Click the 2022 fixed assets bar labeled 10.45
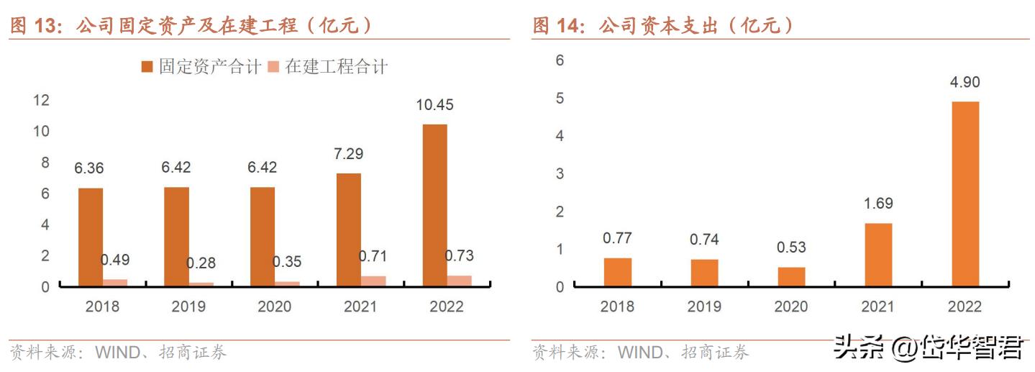tap(434, 205)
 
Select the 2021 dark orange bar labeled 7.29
tap(348, 230)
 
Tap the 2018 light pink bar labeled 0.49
tap(115, 283)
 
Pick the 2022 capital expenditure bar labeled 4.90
tap(965, 194)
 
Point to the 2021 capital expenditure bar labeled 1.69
tap(877, 255)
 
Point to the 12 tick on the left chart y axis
tap(41, 100)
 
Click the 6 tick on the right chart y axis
tap(560, 60)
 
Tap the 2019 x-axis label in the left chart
tap(188, 307)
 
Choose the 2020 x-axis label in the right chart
tap(790, 307)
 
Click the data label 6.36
tap(89, 169)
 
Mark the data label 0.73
tap(459, 256)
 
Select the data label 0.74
tap(704, 240)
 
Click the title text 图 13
tap(33, 26)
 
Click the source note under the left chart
tap(119, 353)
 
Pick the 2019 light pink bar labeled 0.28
tap(201, 284)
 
